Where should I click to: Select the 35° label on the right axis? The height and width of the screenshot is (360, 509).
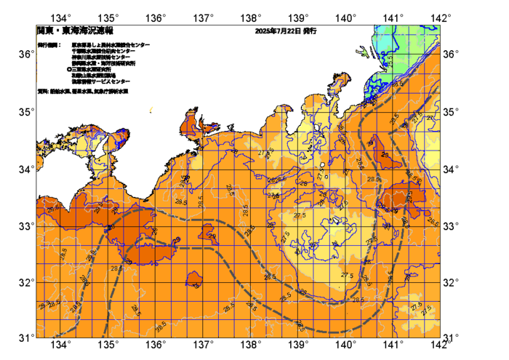pyautogui.click(x=452, y=112)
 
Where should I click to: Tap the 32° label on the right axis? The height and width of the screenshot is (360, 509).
pyautogui.click(x=452, y=282)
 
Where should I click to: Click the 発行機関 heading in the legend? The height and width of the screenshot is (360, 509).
pyautogui.click(x=49, y=45)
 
